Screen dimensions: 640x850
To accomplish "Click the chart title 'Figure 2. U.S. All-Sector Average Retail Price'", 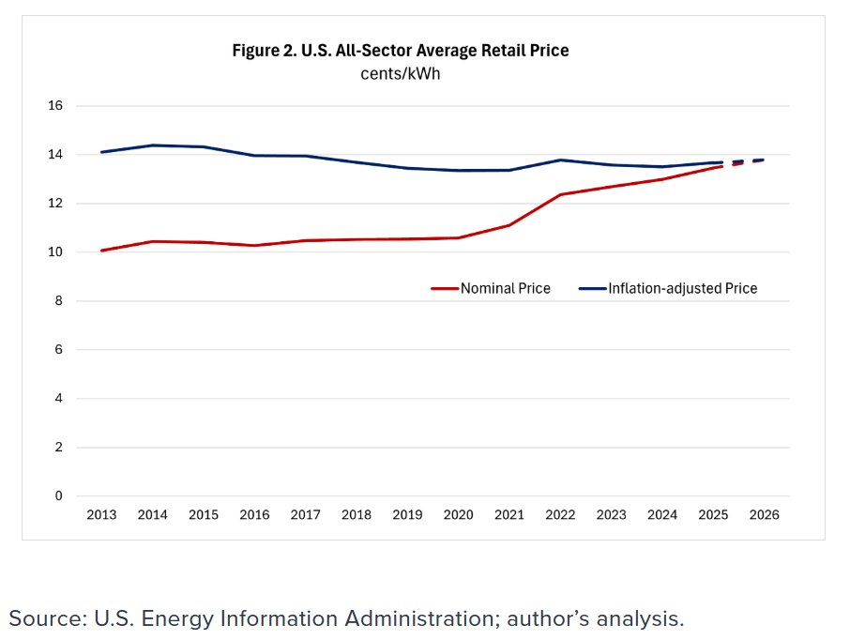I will [x=401, y=51].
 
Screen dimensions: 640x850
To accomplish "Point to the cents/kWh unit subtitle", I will [x=401, y=74].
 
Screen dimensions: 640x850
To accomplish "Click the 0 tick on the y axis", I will [x=58, y=496].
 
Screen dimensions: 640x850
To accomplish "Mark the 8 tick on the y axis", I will [x=58, y=301].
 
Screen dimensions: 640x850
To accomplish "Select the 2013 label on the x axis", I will [x=101, y=515].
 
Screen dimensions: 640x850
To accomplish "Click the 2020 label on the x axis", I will [x=458, y=515].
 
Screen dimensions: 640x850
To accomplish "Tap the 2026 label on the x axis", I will [x=764, y=515].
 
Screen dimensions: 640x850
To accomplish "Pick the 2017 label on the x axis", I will [x=305, y=515].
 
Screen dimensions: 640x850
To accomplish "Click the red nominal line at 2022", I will [x=560, y=194].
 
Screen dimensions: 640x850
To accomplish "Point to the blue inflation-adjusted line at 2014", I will [x=152, y=145].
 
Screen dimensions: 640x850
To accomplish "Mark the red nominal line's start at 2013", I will [x=101, y=251].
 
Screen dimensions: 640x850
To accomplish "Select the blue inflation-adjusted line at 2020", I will [x=458, y=170].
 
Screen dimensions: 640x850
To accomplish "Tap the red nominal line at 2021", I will [x=508, y=225].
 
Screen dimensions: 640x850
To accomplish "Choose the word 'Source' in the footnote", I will [x=44, y=617].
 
